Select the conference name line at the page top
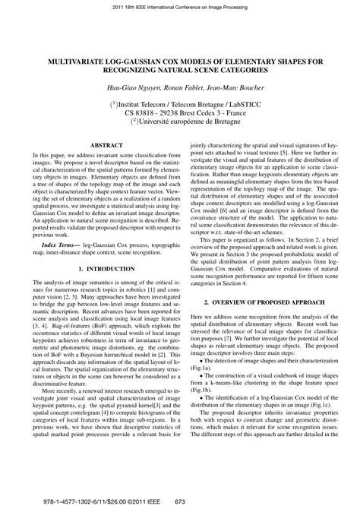180,7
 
